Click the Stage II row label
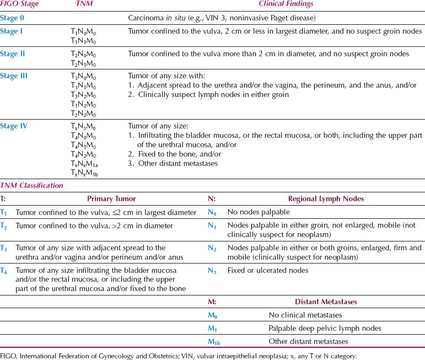[x=13, y=53]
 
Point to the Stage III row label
[x=14, y=76]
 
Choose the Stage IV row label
[x=14, y=126]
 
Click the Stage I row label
[x=12, y=31]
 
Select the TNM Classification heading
[x=31, y=186]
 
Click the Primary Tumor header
[x=111, y=199]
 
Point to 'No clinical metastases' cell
[x=305, y=315]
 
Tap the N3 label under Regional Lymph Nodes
[x=211, y=270]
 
